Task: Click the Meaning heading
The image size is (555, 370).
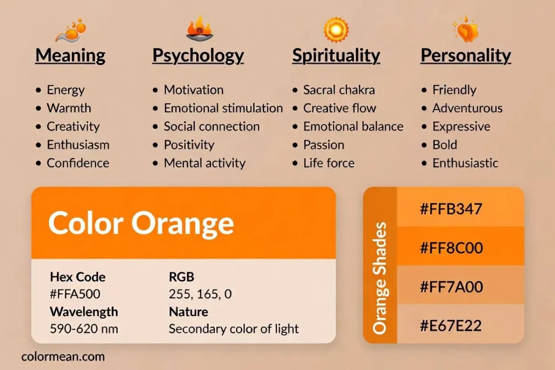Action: coord(70,56)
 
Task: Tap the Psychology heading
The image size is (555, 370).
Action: coord(198,56)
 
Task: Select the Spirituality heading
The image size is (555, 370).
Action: coord(336,56)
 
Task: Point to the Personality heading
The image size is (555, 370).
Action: coord(466,56)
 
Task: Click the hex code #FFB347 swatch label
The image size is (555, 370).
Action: coord(451,209)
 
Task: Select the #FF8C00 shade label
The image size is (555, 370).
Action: coord(451,247)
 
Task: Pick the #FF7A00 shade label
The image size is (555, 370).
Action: coord(451,286)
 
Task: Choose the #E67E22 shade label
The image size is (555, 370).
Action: coord(450,325)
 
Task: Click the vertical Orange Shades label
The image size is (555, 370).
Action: coord(379,278)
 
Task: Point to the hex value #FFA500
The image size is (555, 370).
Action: coord(75,294)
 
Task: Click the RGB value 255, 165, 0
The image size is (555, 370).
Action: coord(200,294)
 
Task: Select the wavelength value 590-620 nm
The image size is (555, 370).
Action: coord(84,329)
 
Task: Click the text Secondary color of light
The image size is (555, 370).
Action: coord(233,329)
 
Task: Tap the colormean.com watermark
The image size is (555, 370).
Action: coord(63,356)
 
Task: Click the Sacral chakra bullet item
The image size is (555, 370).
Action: coord(339,90)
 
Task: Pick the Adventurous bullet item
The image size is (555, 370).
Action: coord(467,108)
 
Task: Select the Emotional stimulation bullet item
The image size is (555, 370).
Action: coord(223,108)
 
